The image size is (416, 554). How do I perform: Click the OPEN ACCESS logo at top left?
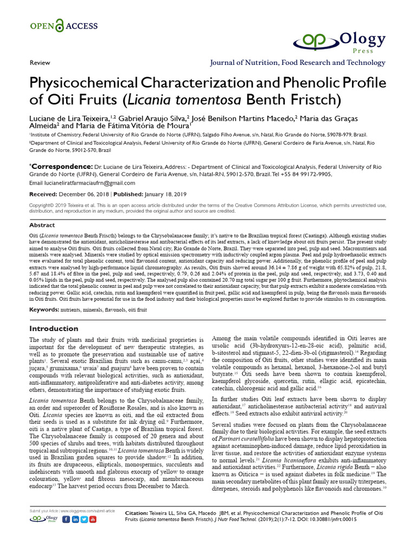(64, 25)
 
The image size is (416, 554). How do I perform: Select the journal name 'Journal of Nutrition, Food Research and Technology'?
(298, 63)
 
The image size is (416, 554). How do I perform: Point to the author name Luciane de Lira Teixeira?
(69, 118)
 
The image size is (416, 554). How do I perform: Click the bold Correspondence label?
(61, 167)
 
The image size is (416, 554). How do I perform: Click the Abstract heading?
(42, 225)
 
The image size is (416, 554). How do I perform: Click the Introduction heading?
(54, 328)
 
